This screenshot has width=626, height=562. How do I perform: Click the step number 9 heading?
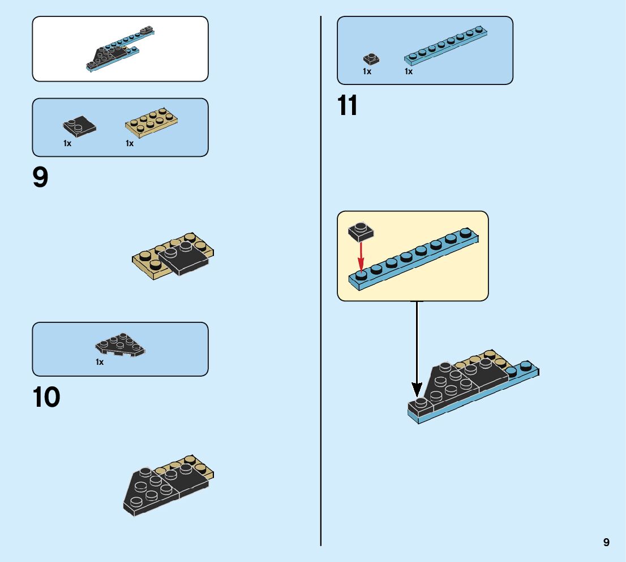click(41, 177)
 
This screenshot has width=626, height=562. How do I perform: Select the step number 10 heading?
click(46, 397)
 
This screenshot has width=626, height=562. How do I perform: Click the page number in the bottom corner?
click(606, 542)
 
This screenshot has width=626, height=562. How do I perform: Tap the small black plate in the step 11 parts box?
click(371, 58)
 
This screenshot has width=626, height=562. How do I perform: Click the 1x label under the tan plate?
click(130, 143)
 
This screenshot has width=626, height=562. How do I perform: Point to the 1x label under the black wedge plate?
click(100, 362)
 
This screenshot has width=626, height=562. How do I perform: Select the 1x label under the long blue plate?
click(409, 71)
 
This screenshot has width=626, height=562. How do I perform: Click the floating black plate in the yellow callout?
click(360, 230)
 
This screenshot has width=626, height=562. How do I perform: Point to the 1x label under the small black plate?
click(367, 71)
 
